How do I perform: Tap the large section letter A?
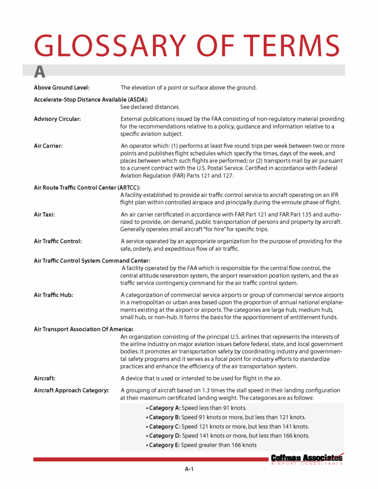pyautogui.click(x=40, y=72)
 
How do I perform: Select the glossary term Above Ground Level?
pyautogui.click(x=62, y=88)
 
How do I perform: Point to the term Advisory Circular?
pyautogui.click(x=57, y=118)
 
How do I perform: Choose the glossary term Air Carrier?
pyautogui.click(x=49, y=146)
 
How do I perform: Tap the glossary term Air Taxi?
pyautogui.click(x=44, y=214)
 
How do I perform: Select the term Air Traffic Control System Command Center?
pyautogui.click(x=92, y=260)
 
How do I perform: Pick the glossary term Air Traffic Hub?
pyautogui.click(x=53, y=295)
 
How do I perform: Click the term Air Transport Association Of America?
pyautogui.click(x=83, y=329)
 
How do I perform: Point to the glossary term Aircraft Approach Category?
pyautogui.click(x=71, y=390)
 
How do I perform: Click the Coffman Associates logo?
pyautogui.click(x=306, y=458)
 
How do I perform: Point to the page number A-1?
pyautogui.click(x=189, y=469)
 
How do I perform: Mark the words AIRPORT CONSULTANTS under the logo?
pyautogui.click(x=306, y=464)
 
